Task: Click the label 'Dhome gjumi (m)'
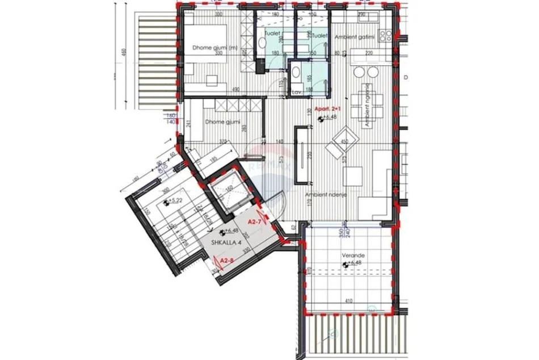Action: (210, 48)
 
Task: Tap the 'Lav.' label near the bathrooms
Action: (296, 92)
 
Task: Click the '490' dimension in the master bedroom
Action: (236, 90)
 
